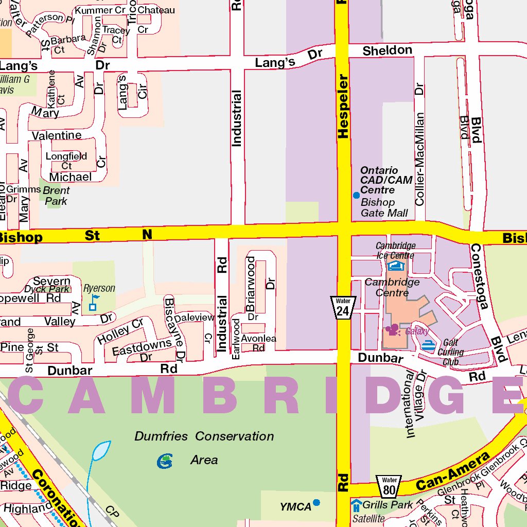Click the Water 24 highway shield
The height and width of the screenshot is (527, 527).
[x=343, y=307]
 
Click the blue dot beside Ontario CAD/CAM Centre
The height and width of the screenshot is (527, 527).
[x=356, y=195]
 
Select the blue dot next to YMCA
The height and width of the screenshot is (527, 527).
[x=317, y=502]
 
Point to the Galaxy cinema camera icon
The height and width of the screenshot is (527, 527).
[x=393, y=329]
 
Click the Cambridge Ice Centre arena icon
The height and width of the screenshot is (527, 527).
[x=396, y=266]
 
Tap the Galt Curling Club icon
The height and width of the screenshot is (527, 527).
[x=428, y=345]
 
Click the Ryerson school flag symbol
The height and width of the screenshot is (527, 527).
[x=94, y=303]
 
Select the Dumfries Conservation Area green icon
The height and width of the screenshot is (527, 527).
[x=165, y=461]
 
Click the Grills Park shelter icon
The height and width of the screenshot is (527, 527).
[x=357, y=505]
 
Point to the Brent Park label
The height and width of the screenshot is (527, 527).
[x=56, y=196]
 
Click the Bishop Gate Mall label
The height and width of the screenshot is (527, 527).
[x=384, y=207]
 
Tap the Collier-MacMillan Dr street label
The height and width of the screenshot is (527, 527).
[x=420, y=144]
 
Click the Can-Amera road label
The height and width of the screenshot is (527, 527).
[x=452, y=471]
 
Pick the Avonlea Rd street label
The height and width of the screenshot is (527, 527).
[x=258, y=343]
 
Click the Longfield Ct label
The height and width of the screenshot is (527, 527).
[x=66, y=161]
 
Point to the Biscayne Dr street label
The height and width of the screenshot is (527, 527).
[x=173, y=328]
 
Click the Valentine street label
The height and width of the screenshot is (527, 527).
[x=57, y=135]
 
